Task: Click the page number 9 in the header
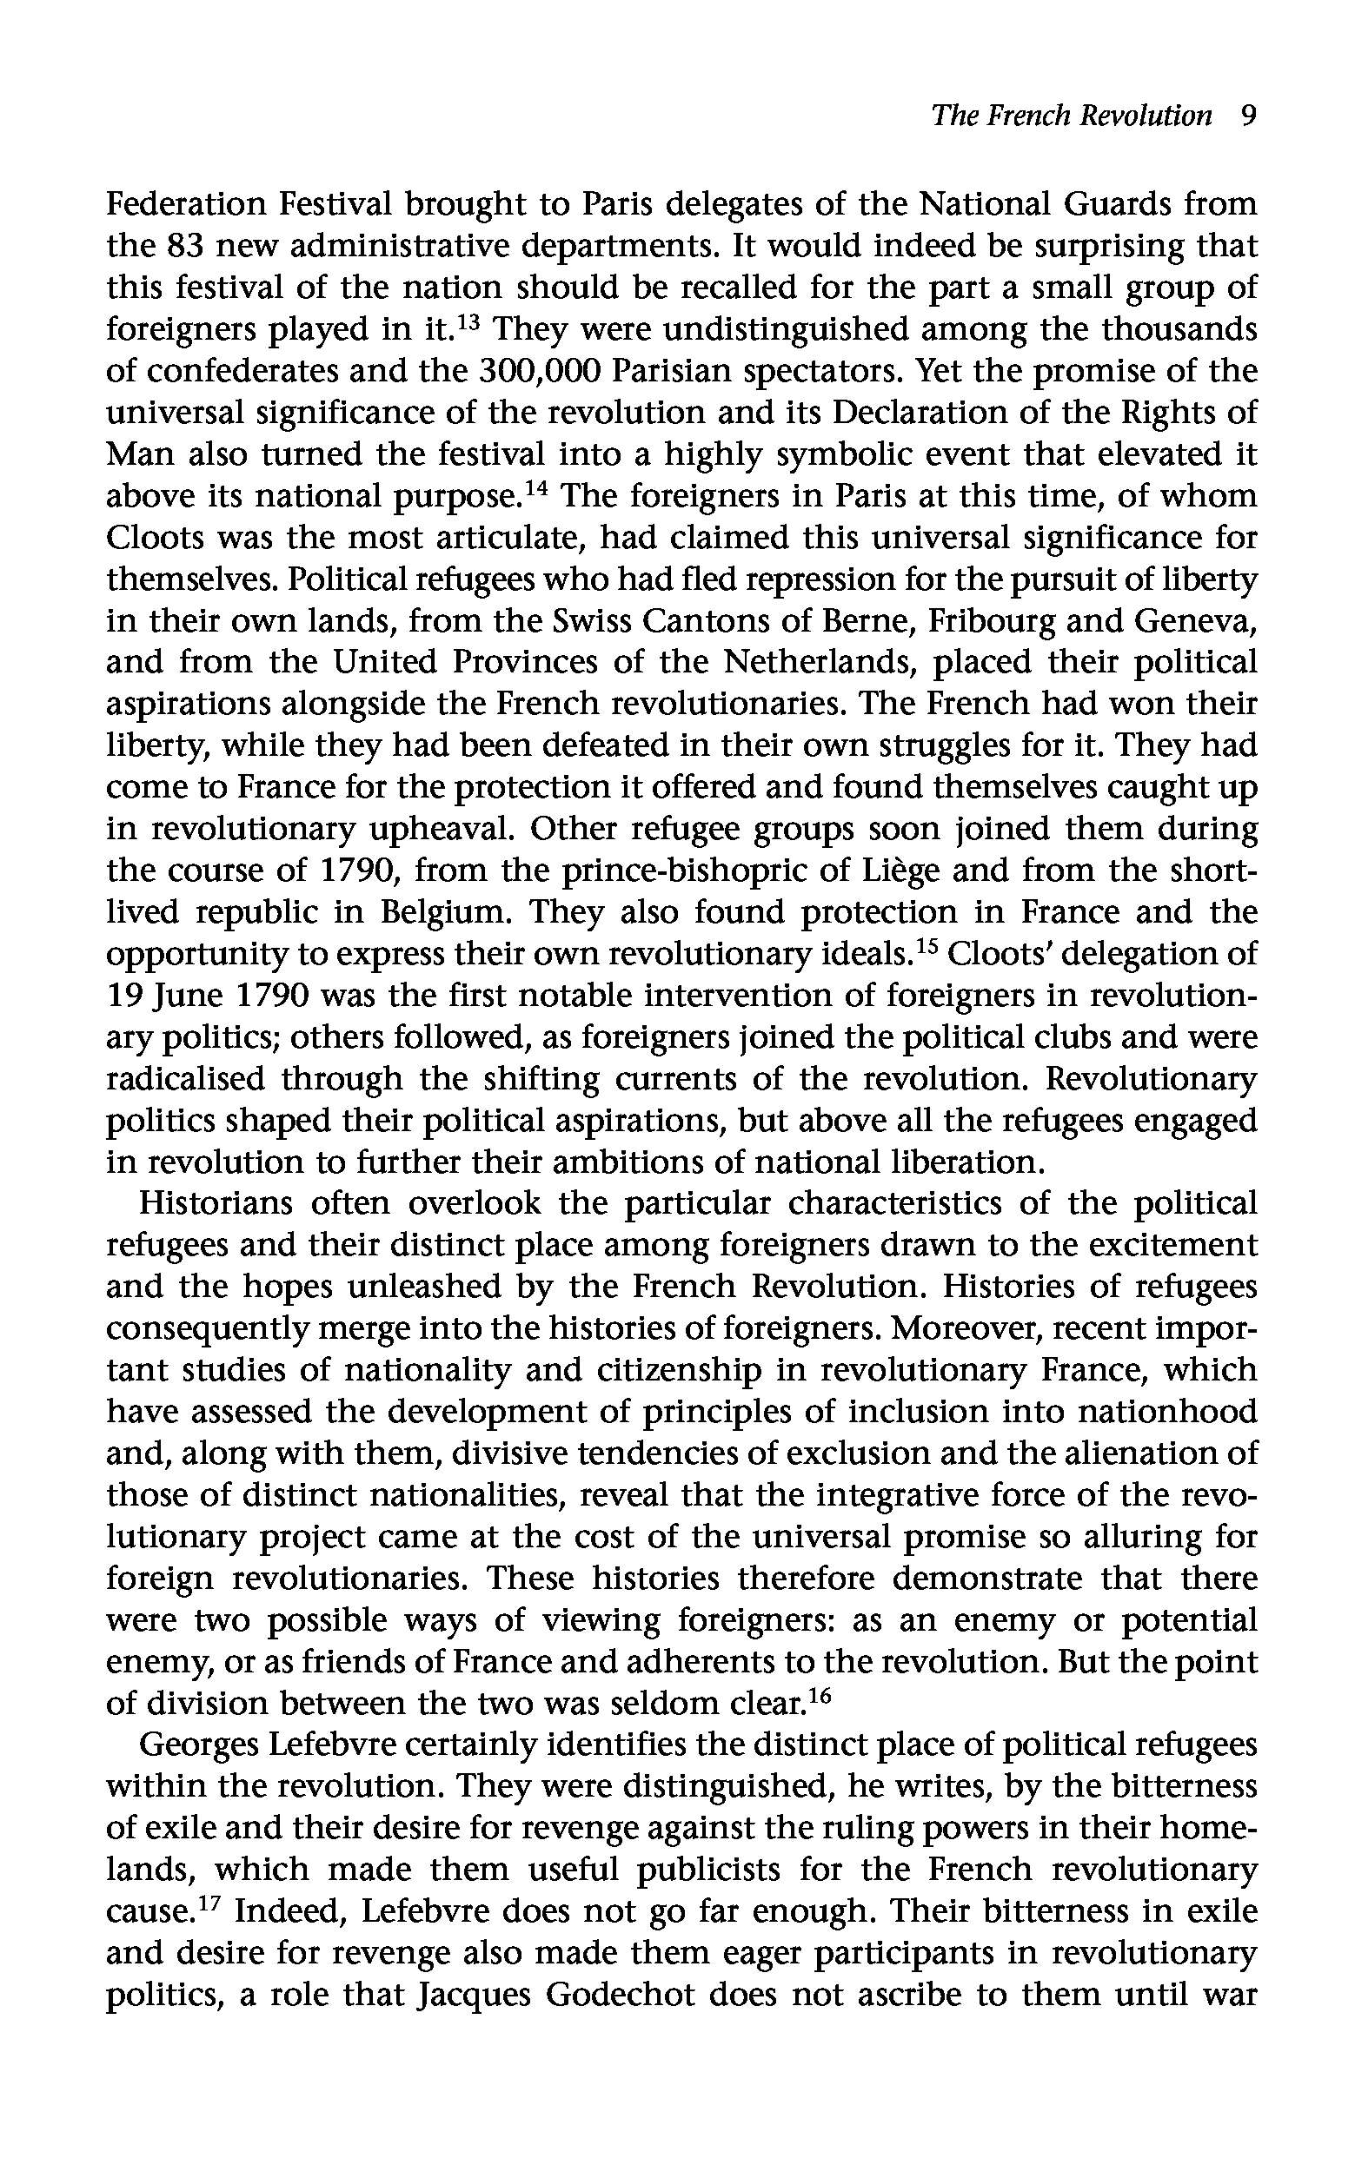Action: (1246, 116)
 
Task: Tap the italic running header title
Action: (1071, 116)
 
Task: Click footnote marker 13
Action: (468, 321)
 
